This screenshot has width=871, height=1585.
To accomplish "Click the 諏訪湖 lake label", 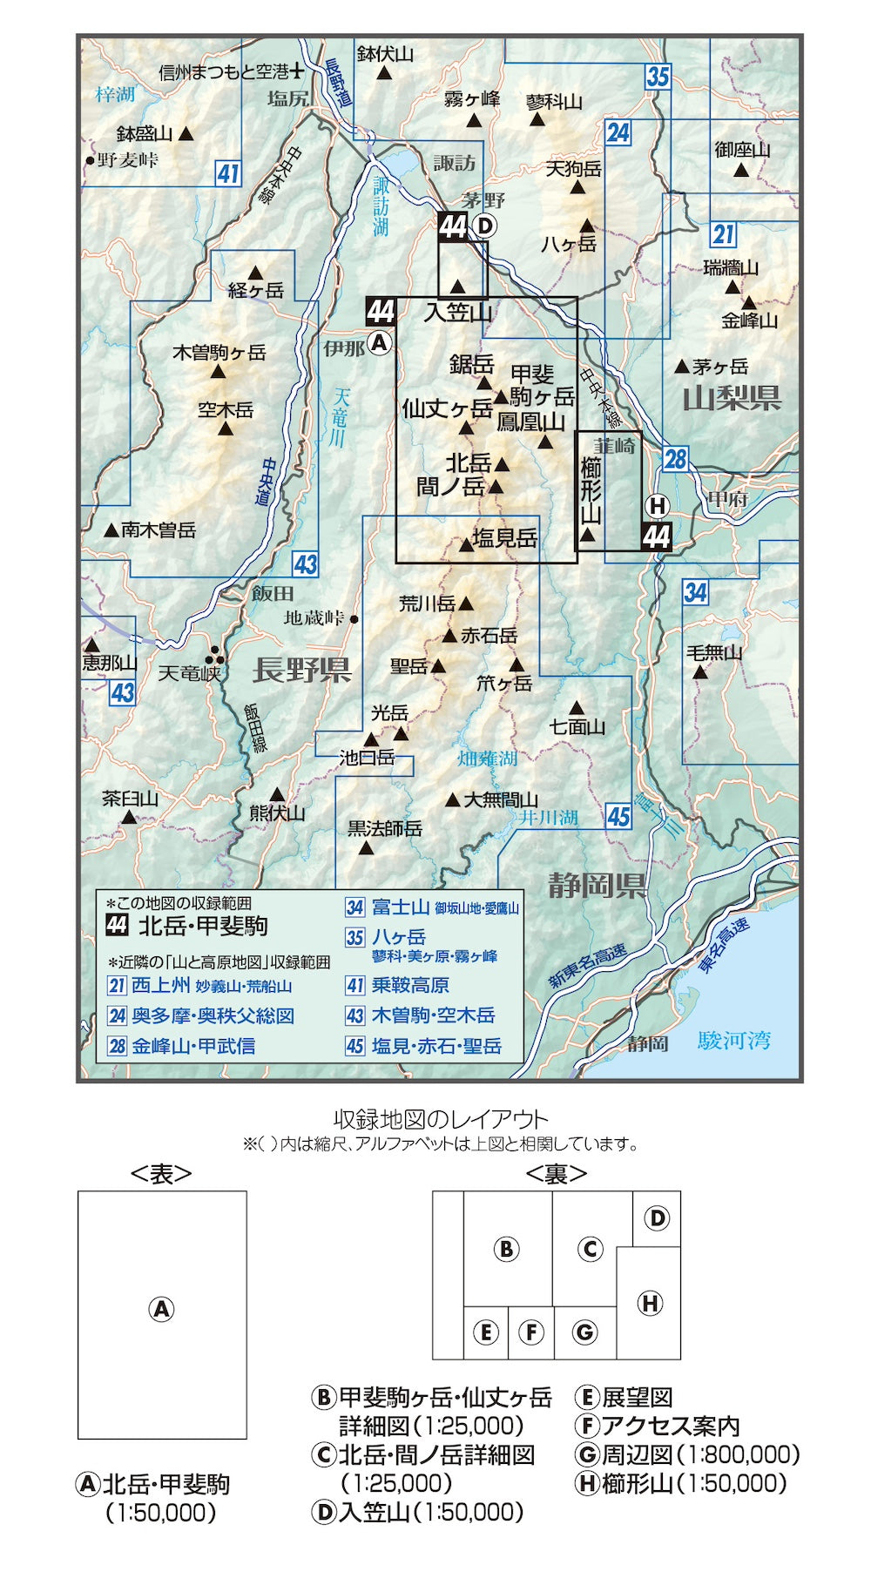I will [x=381, y=206].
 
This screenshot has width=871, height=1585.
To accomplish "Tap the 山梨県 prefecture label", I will [x=732, y=399].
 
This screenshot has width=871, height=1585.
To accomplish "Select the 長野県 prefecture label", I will [x=301, y=670].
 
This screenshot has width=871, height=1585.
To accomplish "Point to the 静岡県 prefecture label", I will [x=597, y=886].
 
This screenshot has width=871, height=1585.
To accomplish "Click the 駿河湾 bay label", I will [x=733, y=1040].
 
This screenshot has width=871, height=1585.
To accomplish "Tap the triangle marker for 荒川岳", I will [x=466, y=603].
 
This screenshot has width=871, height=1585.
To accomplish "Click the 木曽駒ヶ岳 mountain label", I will [x=219, y=353].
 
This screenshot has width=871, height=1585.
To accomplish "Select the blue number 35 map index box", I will [x=658, y=77].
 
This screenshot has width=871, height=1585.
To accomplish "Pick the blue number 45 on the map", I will [x=618, y=816].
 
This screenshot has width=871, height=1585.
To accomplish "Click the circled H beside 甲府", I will [x=657, y=506].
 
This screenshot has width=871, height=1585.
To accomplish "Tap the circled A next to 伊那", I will [x=379, y=343].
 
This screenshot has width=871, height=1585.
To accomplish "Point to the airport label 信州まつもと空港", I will [x=225, y=72].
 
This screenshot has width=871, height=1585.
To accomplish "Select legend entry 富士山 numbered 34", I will [x=400, y=907].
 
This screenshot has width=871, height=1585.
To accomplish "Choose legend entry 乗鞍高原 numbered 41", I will [x=409, y=985].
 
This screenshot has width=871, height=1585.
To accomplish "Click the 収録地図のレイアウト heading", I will [x=440, y=1119].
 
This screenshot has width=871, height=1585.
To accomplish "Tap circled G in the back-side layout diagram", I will [x=584, y=1332].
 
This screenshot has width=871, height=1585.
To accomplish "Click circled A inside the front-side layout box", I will [x=161, y=1309].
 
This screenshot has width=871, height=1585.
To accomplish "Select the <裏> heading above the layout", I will [x=556, y=1174].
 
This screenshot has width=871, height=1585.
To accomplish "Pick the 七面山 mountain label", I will [x=577, y=726].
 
